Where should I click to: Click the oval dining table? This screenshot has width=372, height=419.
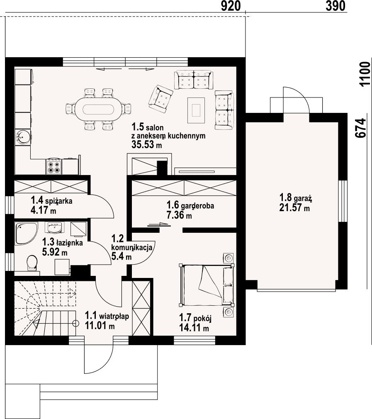pyautogui.click(x=99, y=109)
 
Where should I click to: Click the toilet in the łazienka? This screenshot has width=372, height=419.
pyautogui.click(x=32, y=263)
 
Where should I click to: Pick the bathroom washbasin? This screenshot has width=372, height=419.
pyautogui.click(x=55, y=228)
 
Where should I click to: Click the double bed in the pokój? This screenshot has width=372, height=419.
pyautogui.click(x=207, y=285)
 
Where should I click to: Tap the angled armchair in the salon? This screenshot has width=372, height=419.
pyautogui.click(x=161, y=97)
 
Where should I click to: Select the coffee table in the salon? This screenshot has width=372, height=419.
pyautogui.click(x=196, y=110)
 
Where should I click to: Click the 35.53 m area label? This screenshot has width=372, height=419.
pyautogui.click(x=147, y=144)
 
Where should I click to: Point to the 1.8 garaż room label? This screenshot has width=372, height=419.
pyautogui.click(x=296, y=198)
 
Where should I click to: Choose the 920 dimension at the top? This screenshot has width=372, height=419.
pyautogui.click(x=231, y=6)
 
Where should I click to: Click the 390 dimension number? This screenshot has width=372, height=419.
pyautogui.click(x=336, y=6)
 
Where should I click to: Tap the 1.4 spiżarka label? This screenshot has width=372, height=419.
pyautogui.click(x=51, y=200)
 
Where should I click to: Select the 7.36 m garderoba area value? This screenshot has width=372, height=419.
pyautogui.click(x=179, y=215)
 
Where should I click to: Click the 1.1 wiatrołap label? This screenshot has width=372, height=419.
pyautogui.click(x=107, y=316)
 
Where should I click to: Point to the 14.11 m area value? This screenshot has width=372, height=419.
pyautogui.click(x=194, y=328)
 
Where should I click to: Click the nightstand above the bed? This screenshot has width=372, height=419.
pyautogui.click(x=229, y=258)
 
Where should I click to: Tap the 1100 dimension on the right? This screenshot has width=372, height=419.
pyautogui.click(x=365, y=74)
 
